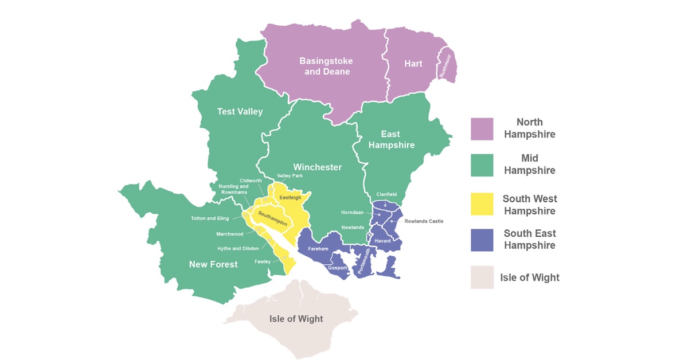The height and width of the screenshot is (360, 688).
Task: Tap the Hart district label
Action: [413, 64]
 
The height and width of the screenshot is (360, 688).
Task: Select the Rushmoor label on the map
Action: [445, 65]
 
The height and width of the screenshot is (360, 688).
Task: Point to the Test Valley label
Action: [240, 111]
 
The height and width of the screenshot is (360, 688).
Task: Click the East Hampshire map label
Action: [391, 140]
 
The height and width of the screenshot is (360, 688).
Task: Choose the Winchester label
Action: [317, 167]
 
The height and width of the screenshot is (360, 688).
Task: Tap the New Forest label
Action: [213, 264]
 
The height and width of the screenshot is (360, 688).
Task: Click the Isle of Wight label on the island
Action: [296, 319]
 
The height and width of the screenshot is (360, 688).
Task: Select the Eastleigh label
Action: [290, 198]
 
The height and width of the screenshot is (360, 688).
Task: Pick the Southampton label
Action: [272, 217]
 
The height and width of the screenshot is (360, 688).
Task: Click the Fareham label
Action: [318, 249]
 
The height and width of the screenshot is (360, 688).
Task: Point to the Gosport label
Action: [337, 268]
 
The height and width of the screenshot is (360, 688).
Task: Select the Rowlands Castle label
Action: [424, 221]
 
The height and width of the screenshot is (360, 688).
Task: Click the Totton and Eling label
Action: [210, 218]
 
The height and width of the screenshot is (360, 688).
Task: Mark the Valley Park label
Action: [290, 176]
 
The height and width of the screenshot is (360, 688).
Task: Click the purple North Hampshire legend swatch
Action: [482, 129]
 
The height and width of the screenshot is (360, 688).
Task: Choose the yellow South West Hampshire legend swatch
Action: [482, 205]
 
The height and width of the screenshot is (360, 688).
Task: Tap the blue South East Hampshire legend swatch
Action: [482, 240]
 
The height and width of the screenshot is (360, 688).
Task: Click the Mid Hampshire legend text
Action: [529, 164]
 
